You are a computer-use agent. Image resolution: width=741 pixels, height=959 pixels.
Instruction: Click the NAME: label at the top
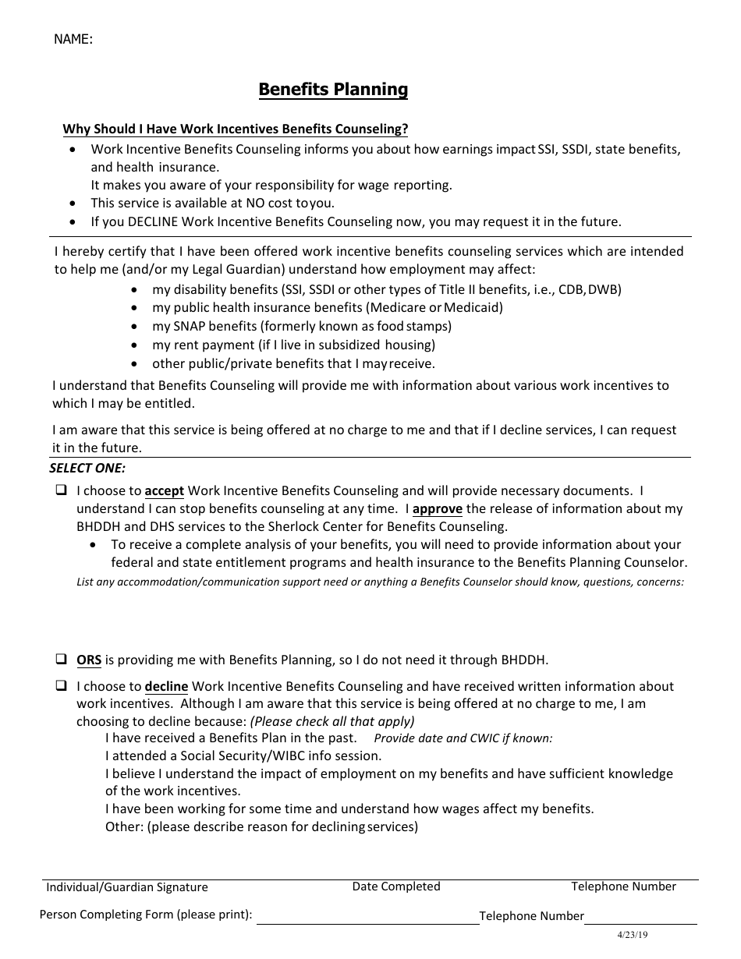pos(73,39)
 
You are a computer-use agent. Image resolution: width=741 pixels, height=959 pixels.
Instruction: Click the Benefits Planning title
pos(333,90)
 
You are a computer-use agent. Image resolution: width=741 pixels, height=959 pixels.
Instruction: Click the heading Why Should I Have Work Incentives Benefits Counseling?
pos(235,129)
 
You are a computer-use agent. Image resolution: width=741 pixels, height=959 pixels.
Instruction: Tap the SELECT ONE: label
pos(87,468)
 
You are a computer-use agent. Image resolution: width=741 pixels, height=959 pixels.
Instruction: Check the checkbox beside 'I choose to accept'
pos(61,491)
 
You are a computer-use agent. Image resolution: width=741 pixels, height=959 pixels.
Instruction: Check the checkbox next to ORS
pos(61,659)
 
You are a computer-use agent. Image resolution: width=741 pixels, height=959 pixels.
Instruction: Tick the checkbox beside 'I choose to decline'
pos(61,686)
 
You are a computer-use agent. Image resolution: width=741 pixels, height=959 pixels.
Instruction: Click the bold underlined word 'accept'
pos(164,491)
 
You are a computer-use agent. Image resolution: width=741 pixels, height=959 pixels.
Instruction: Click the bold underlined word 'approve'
pos(437,509)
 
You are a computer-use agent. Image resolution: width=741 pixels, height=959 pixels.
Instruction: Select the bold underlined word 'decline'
pos(166,687)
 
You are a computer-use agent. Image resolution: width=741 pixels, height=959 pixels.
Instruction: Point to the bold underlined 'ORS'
pos(89,660)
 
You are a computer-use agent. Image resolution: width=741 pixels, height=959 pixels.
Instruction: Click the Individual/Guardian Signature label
pos(127,887)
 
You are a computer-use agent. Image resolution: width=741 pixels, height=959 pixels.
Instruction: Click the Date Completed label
pos(396,886)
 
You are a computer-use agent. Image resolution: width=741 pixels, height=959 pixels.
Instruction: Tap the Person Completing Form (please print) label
pos(146,915)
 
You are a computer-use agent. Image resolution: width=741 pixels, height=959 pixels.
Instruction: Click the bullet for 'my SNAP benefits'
pos(136,327)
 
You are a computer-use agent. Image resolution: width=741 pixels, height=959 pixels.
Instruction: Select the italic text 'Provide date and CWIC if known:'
pos(463,738)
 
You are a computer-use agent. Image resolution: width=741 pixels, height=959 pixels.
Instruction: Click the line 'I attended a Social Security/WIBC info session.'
pos(243,756)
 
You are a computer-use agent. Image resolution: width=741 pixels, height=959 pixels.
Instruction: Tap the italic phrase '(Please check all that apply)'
pos(332,721)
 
